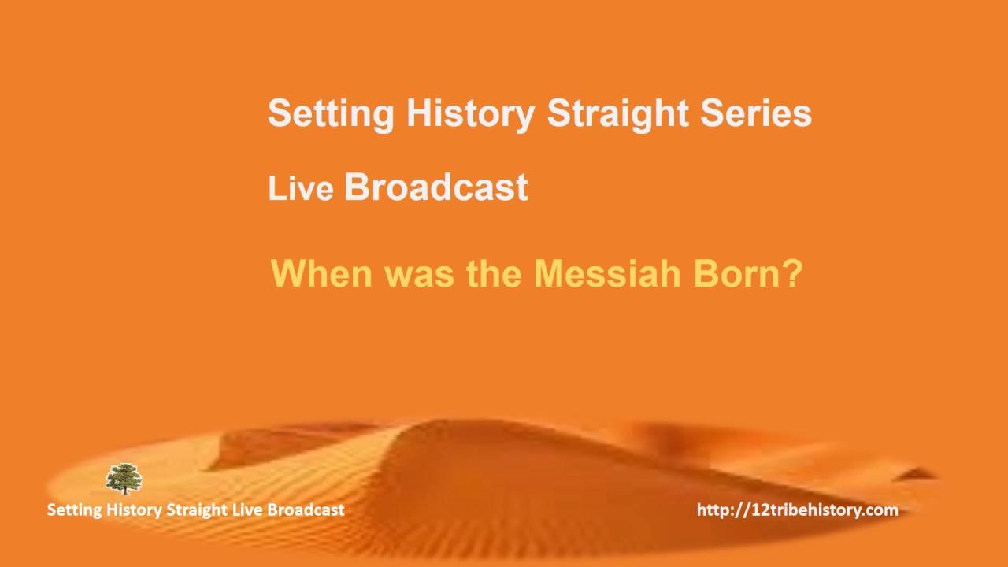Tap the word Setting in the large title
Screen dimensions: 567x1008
[x=331, y=113]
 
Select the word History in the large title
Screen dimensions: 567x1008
[x=470, y=113]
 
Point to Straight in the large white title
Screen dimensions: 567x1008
[x=617, y=113]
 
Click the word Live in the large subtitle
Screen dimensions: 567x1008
[x=300, y=189]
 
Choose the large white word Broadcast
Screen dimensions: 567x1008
[x=436, y=187]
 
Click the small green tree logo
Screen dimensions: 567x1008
[x=124, y=479]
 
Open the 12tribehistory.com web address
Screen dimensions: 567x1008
[x=797, y=510]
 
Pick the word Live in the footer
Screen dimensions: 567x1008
[x=247, y=510]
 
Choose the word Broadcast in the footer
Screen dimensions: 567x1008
[x=306, y=510]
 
